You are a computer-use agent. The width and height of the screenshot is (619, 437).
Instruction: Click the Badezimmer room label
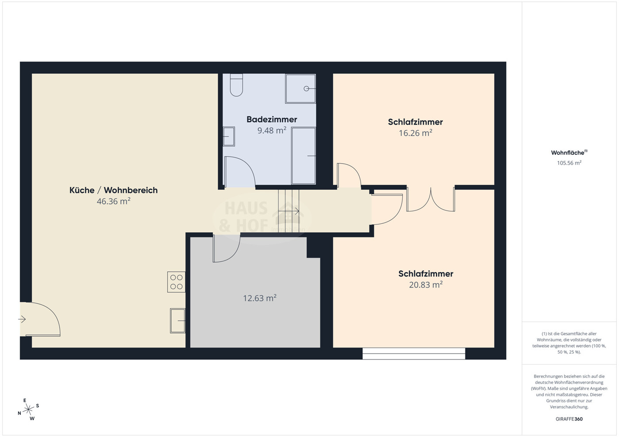click(272, 119)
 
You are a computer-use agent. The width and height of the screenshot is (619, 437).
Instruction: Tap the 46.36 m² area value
click(113, 201)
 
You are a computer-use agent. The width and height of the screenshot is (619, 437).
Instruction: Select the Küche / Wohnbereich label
click(113, 190)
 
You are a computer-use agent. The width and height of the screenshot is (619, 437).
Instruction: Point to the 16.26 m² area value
click(415, 133)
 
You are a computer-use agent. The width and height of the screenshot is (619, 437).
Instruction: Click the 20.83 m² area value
click(425, 285)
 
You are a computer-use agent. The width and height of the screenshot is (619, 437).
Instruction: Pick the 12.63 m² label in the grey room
click(259, 298)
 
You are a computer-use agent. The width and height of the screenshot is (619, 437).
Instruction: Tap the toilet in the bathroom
click(236, 85)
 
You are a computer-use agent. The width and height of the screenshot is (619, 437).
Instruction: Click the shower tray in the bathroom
click(300, 88)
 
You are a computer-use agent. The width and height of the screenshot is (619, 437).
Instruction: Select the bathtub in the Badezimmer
click(304, 156)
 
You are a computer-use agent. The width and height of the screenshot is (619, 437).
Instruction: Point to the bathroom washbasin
click(229, 136)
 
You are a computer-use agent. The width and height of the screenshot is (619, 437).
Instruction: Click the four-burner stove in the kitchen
click(176, 282)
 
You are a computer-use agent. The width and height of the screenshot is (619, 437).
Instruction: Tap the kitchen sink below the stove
click(178, 321)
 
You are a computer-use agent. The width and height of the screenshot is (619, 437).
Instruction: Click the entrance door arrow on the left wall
click(22, 319)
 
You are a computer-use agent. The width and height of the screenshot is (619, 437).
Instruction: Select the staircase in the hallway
click(289, 211)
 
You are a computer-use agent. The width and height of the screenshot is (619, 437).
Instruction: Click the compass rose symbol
click(28, 410)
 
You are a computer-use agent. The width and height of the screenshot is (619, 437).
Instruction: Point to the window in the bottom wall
click(414, 353)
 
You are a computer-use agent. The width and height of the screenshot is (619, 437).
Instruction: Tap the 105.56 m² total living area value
click(569, 163)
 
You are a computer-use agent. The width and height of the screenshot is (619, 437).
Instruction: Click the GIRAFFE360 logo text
click(569, 419)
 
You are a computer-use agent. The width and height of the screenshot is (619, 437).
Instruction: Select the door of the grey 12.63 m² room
click(226, 249)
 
